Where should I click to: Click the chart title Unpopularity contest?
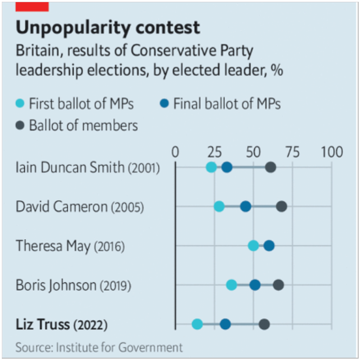click(108, 28)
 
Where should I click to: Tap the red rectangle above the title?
click(32, 6)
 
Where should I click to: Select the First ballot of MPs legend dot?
click(21, 104)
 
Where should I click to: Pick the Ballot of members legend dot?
click(21, 125)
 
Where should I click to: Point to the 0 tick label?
click(175, 152)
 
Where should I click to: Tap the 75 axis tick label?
click(292, 152)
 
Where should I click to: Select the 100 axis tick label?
click(332, 152)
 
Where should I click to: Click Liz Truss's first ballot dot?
click(197, 324)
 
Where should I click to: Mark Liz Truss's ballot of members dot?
click(264, 324)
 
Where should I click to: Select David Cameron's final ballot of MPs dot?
click(246, 207)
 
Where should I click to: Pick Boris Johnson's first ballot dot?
click(232, 285)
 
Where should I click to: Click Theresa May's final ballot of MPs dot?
click(269, 246)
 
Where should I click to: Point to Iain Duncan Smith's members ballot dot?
click(270, 168)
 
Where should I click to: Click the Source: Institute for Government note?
click(99, 347)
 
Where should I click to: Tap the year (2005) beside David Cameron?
click(127, 207)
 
